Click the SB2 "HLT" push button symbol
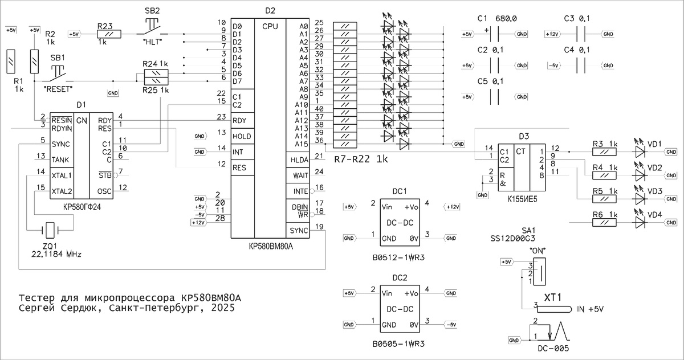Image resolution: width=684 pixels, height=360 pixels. (152, 26)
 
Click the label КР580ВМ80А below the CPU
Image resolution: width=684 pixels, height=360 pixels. (270, 247)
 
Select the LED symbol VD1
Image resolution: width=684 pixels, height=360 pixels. (640, 152)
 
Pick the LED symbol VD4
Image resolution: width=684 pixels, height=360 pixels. (640, 222)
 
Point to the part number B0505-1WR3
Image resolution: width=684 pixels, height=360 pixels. (399, 344)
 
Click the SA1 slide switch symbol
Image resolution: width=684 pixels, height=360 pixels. (539, 272)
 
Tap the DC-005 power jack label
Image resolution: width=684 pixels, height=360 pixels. (553, 349)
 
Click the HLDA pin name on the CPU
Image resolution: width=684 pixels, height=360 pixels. (299, 160)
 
